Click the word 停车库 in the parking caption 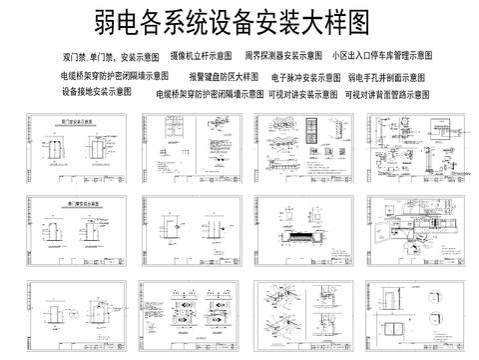382,57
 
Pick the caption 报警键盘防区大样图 224,76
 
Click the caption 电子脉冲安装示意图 306,76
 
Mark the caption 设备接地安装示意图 97,91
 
